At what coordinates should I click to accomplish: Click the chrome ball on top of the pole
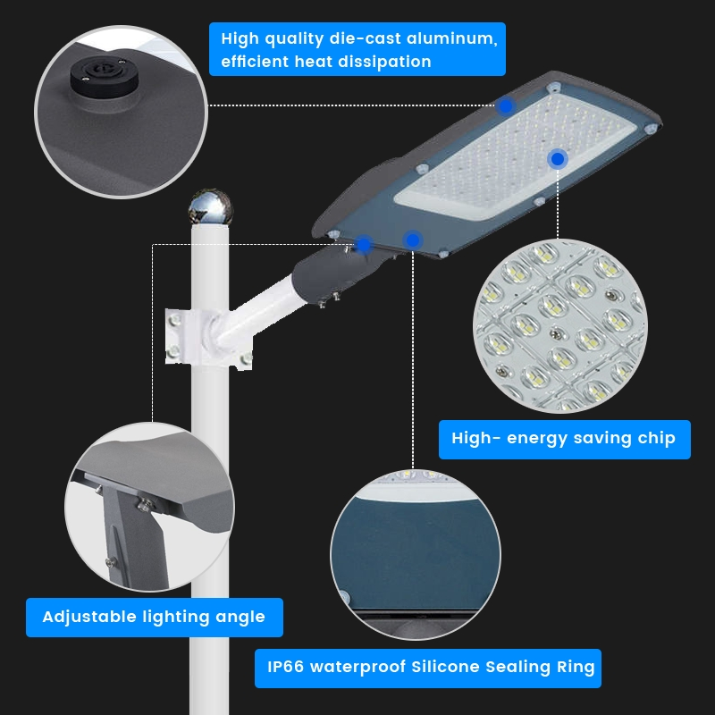coord(211,206)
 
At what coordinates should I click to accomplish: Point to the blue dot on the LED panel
coord(558,159)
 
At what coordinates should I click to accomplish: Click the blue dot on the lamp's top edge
coord(505,105)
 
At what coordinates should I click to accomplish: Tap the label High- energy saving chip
coord(564,439)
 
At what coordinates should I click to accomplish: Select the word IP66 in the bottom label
coord(287,667)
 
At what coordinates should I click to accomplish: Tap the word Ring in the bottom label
coord(576,667)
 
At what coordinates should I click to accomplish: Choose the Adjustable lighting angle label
coord(154,617)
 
